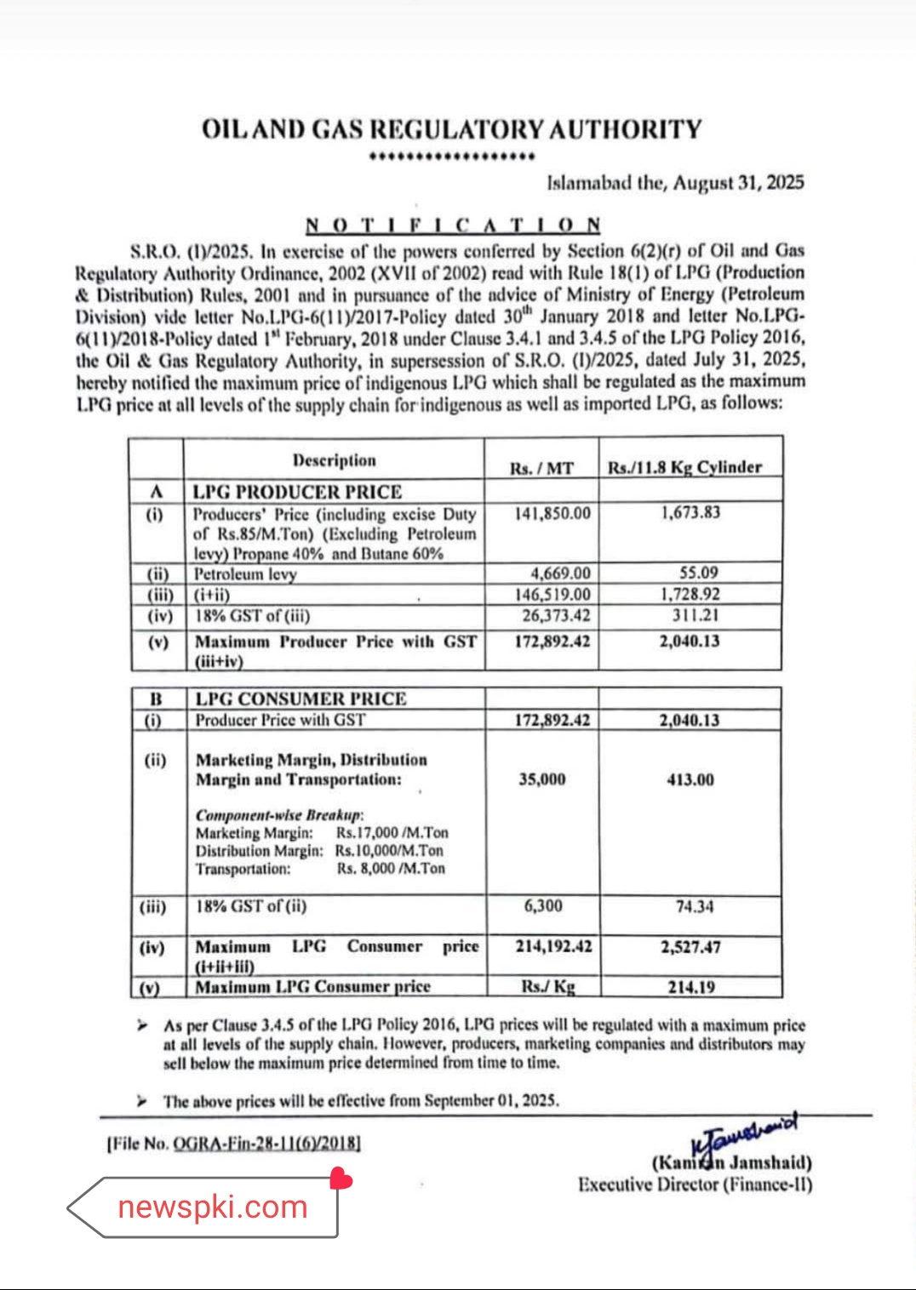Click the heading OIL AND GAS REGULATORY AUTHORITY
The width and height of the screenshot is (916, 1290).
point(451,129)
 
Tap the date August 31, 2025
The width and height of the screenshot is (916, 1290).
point(738,182)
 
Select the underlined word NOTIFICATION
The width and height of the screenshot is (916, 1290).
point(453,225)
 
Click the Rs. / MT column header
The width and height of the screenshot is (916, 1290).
point(541,468)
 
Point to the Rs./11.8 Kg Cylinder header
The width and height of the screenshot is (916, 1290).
point(684,467)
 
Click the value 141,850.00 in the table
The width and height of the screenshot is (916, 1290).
point(552,513)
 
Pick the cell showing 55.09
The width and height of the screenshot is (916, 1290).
point(698,573)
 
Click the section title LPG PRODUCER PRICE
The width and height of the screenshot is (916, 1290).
point(297,492)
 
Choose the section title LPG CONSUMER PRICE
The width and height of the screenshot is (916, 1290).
point(301,699)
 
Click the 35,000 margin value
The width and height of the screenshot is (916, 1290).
point(542,779)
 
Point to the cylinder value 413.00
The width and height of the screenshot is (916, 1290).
point(690,779)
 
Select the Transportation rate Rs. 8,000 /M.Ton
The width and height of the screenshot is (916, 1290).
point(391,869)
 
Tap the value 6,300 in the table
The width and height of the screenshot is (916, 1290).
point(543,906)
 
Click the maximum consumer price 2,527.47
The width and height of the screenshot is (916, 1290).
point(690,946)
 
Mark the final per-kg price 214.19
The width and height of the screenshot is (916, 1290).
point(691,987)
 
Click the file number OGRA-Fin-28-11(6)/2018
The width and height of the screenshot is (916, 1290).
point(266,1143)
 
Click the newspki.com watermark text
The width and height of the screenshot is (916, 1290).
point(213,1207)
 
